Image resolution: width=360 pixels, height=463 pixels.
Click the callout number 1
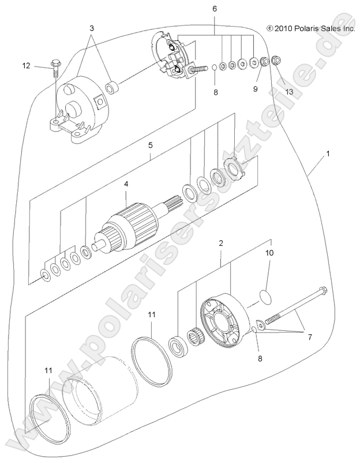[x=328, y=155]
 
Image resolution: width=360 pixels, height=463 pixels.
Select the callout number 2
[x=220, y=245]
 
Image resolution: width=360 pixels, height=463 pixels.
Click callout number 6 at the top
[x=215, y=9]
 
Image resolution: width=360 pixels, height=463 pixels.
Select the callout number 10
[x=269, y=253]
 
